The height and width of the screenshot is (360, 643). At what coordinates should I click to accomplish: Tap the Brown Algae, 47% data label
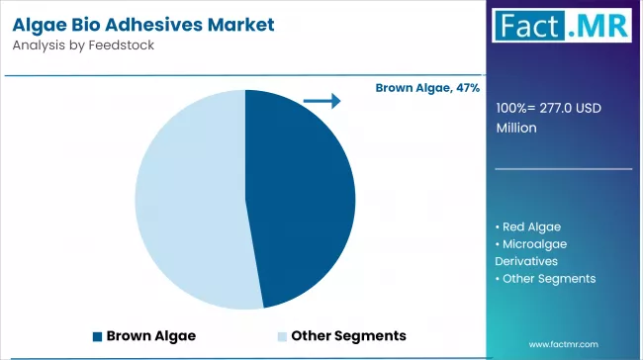pyautogui.click(x=427, y=88)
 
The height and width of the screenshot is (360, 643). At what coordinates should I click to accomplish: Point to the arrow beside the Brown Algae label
pyautogui.click(x=321, y=100)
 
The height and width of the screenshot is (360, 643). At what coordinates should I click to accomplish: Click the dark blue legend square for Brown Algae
pyautogui.click(x=97, y=335)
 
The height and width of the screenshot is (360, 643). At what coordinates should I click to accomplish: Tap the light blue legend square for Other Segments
pyautogui.click(x=282, y=335)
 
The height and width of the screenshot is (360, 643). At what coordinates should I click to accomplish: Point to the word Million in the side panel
pyautogui.click(x=516, y=128)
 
